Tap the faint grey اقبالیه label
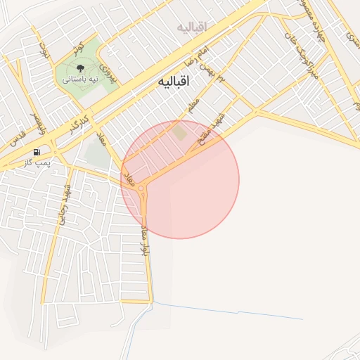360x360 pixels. (x=193, y=27)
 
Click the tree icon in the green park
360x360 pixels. (x=80, y=68)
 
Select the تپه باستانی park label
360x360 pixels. (x=80, y=79)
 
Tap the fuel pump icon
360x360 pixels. (x=37, y=152)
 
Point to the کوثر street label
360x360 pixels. (x=78, y=49)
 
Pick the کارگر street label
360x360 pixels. (x=77, y=123)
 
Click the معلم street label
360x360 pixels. (x=194, y=106)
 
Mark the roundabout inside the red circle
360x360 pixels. (x=143, y=188)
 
